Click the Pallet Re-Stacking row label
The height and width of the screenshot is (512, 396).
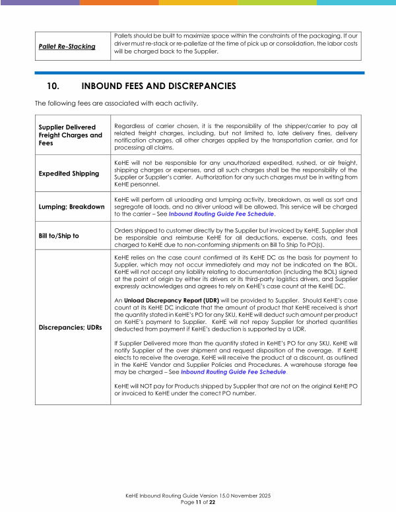point(66,47)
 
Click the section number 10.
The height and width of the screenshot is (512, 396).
point(54,86)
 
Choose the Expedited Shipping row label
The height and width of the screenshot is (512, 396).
point(69,174)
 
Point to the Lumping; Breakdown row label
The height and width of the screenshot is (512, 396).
point(71,207)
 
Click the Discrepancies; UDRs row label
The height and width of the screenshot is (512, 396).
point(71,327)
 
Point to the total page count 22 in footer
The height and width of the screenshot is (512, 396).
point(212,502)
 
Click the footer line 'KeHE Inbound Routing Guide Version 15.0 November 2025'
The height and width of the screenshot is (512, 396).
point(198,496)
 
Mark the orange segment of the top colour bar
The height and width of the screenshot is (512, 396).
point(119,2)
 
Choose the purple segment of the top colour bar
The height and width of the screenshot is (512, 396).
point(40,2)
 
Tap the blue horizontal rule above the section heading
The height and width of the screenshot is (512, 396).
point(198,73)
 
